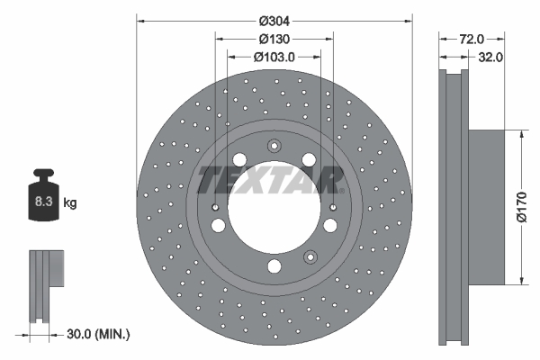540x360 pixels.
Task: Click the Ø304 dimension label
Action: (x=274, y=20)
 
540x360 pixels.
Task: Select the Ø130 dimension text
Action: (x=274, y=39)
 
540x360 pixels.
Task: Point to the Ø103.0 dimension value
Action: (x=274, y=57)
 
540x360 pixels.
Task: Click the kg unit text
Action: (x=69, y=203)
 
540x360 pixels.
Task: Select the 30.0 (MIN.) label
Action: (x=99, y=334)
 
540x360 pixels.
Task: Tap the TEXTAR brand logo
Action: (x=271, y=180)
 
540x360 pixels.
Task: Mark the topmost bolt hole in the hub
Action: (x=274, y=147)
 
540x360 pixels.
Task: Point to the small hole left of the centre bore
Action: (x=216, y=208)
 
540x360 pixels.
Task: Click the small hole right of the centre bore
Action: (x=332, y=208)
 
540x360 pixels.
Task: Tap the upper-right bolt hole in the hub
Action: (x=309, y=160)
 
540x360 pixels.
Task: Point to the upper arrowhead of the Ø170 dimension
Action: (x=521, y=133)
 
